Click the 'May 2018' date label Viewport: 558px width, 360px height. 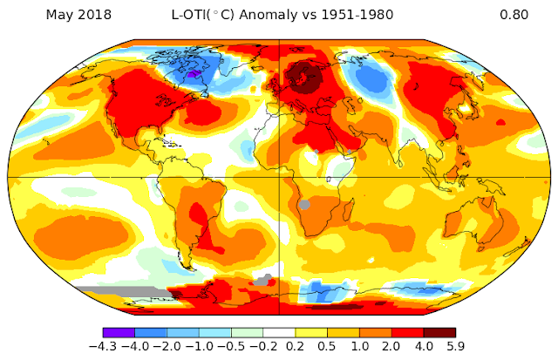click(x=78, y=15)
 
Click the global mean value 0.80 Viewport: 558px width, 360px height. click(x=514, y=15)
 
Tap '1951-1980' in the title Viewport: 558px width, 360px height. click(x=357, y=15)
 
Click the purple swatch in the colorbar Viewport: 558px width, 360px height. click(x=119, y=333)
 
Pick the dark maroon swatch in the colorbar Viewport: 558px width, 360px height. click(x=439, y=333)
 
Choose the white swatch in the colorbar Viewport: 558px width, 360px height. click(x=279, y=333)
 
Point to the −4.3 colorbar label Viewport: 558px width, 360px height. click(x=103, y=346)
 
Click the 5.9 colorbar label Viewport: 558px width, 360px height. click(x=455, y=346)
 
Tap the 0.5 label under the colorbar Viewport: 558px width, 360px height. click(x=327, y=346)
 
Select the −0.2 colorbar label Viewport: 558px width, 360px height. click(x=263, y=346)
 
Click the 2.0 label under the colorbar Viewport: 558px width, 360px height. click(x=391, y=346)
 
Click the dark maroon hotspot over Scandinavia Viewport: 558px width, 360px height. click(x=303, y=77)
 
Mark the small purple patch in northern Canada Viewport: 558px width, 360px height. click(x=194, y=73)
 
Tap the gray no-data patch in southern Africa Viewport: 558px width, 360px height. click(x=304, y=205)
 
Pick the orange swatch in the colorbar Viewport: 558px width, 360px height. click(x=376, y=333)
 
